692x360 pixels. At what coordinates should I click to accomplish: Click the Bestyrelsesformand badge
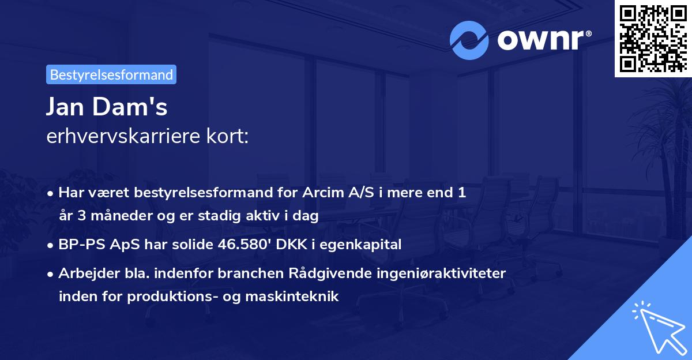click(x=111, y=74)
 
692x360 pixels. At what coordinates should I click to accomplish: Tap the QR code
click(x=652, y=38)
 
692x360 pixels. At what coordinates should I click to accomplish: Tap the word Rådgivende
click(x=344, y=273)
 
